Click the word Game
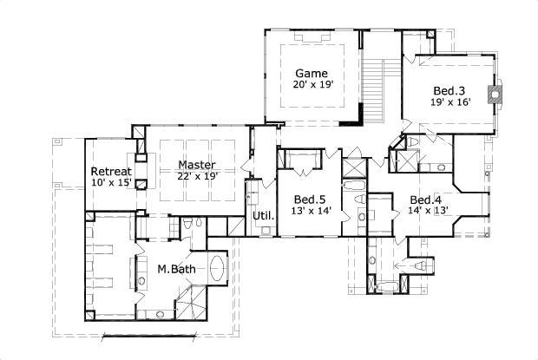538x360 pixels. coord(312,73)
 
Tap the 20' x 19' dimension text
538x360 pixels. coord(313,85)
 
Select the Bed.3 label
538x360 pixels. coord(449,90)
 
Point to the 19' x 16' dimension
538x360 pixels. coord(450,102)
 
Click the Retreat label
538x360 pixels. coord(110,170)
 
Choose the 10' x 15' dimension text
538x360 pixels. coord(111,182)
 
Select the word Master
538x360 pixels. coord(197,164)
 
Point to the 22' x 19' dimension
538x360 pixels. coord(197,176)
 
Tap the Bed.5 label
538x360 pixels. coord(309,199)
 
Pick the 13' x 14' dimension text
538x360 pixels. coord(310,211)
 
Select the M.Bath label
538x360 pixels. coord(175,270)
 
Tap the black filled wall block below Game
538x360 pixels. coord(350,123)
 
